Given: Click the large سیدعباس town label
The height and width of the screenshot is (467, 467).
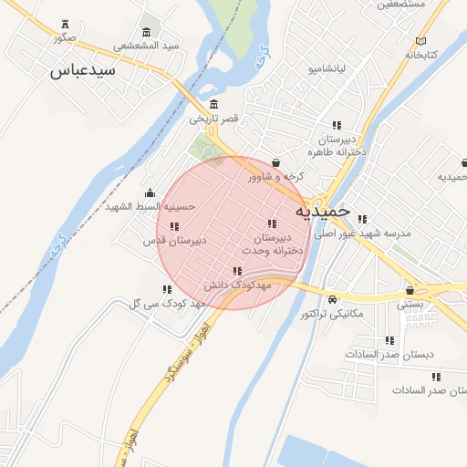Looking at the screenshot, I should click(x=83, y=69).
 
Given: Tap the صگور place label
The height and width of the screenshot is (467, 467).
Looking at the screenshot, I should click(x=64, y=37).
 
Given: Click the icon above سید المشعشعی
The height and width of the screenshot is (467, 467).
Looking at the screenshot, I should click(x=147, y=31).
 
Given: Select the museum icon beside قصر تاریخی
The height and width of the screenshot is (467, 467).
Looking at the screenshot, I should click(x=213, y=103).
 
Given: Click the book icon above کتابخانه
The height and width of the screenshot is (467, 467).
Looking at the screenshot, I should click(x=420, y=40).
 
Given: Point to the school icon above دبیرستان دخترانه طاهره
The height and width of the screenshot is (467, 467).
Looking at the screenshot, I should click(x=337, y=125).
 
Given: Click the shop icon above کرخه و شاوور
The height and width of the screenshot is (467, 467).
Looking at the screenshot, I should click(x=275, y=162).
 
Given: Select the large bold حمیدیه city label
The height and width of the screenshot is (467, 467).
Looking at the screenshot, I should click(x=322, y=211).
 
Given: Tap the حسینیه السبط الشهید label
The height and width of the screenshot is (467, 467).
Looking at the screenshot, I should click(x=150, y=206).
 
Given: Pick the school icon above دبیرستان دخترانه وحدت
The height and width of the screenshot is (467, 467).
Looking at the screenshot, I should click(x=271, y=223).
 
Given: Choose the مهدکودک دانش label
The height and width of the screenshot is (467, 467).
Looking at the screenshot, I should click(x=238, y=285).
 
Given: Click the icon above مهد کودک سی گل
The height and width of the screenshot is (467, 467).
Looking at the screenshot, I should click(x=167, y=288).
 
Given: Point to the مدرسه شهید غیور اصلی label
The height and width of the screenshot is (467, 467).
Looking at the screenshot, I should click(x=363, y=233).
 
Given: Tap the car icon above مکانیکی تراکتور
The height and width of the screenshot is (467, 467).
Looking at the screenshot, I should click(x=332, y=299).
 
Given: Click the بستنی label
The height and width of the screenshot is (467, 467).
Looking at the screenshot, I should click(x=410, y=306).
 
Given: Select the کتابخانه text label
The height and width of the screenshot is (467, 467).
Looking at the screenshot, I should click(x=420, y=55).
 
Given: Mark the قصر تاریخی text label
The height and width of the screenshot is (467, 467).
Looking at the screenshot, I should click(x=213, y=119).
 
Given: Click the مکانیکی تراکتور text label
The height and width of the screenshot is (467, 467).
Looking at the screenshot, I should click(x=332, y=314).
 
